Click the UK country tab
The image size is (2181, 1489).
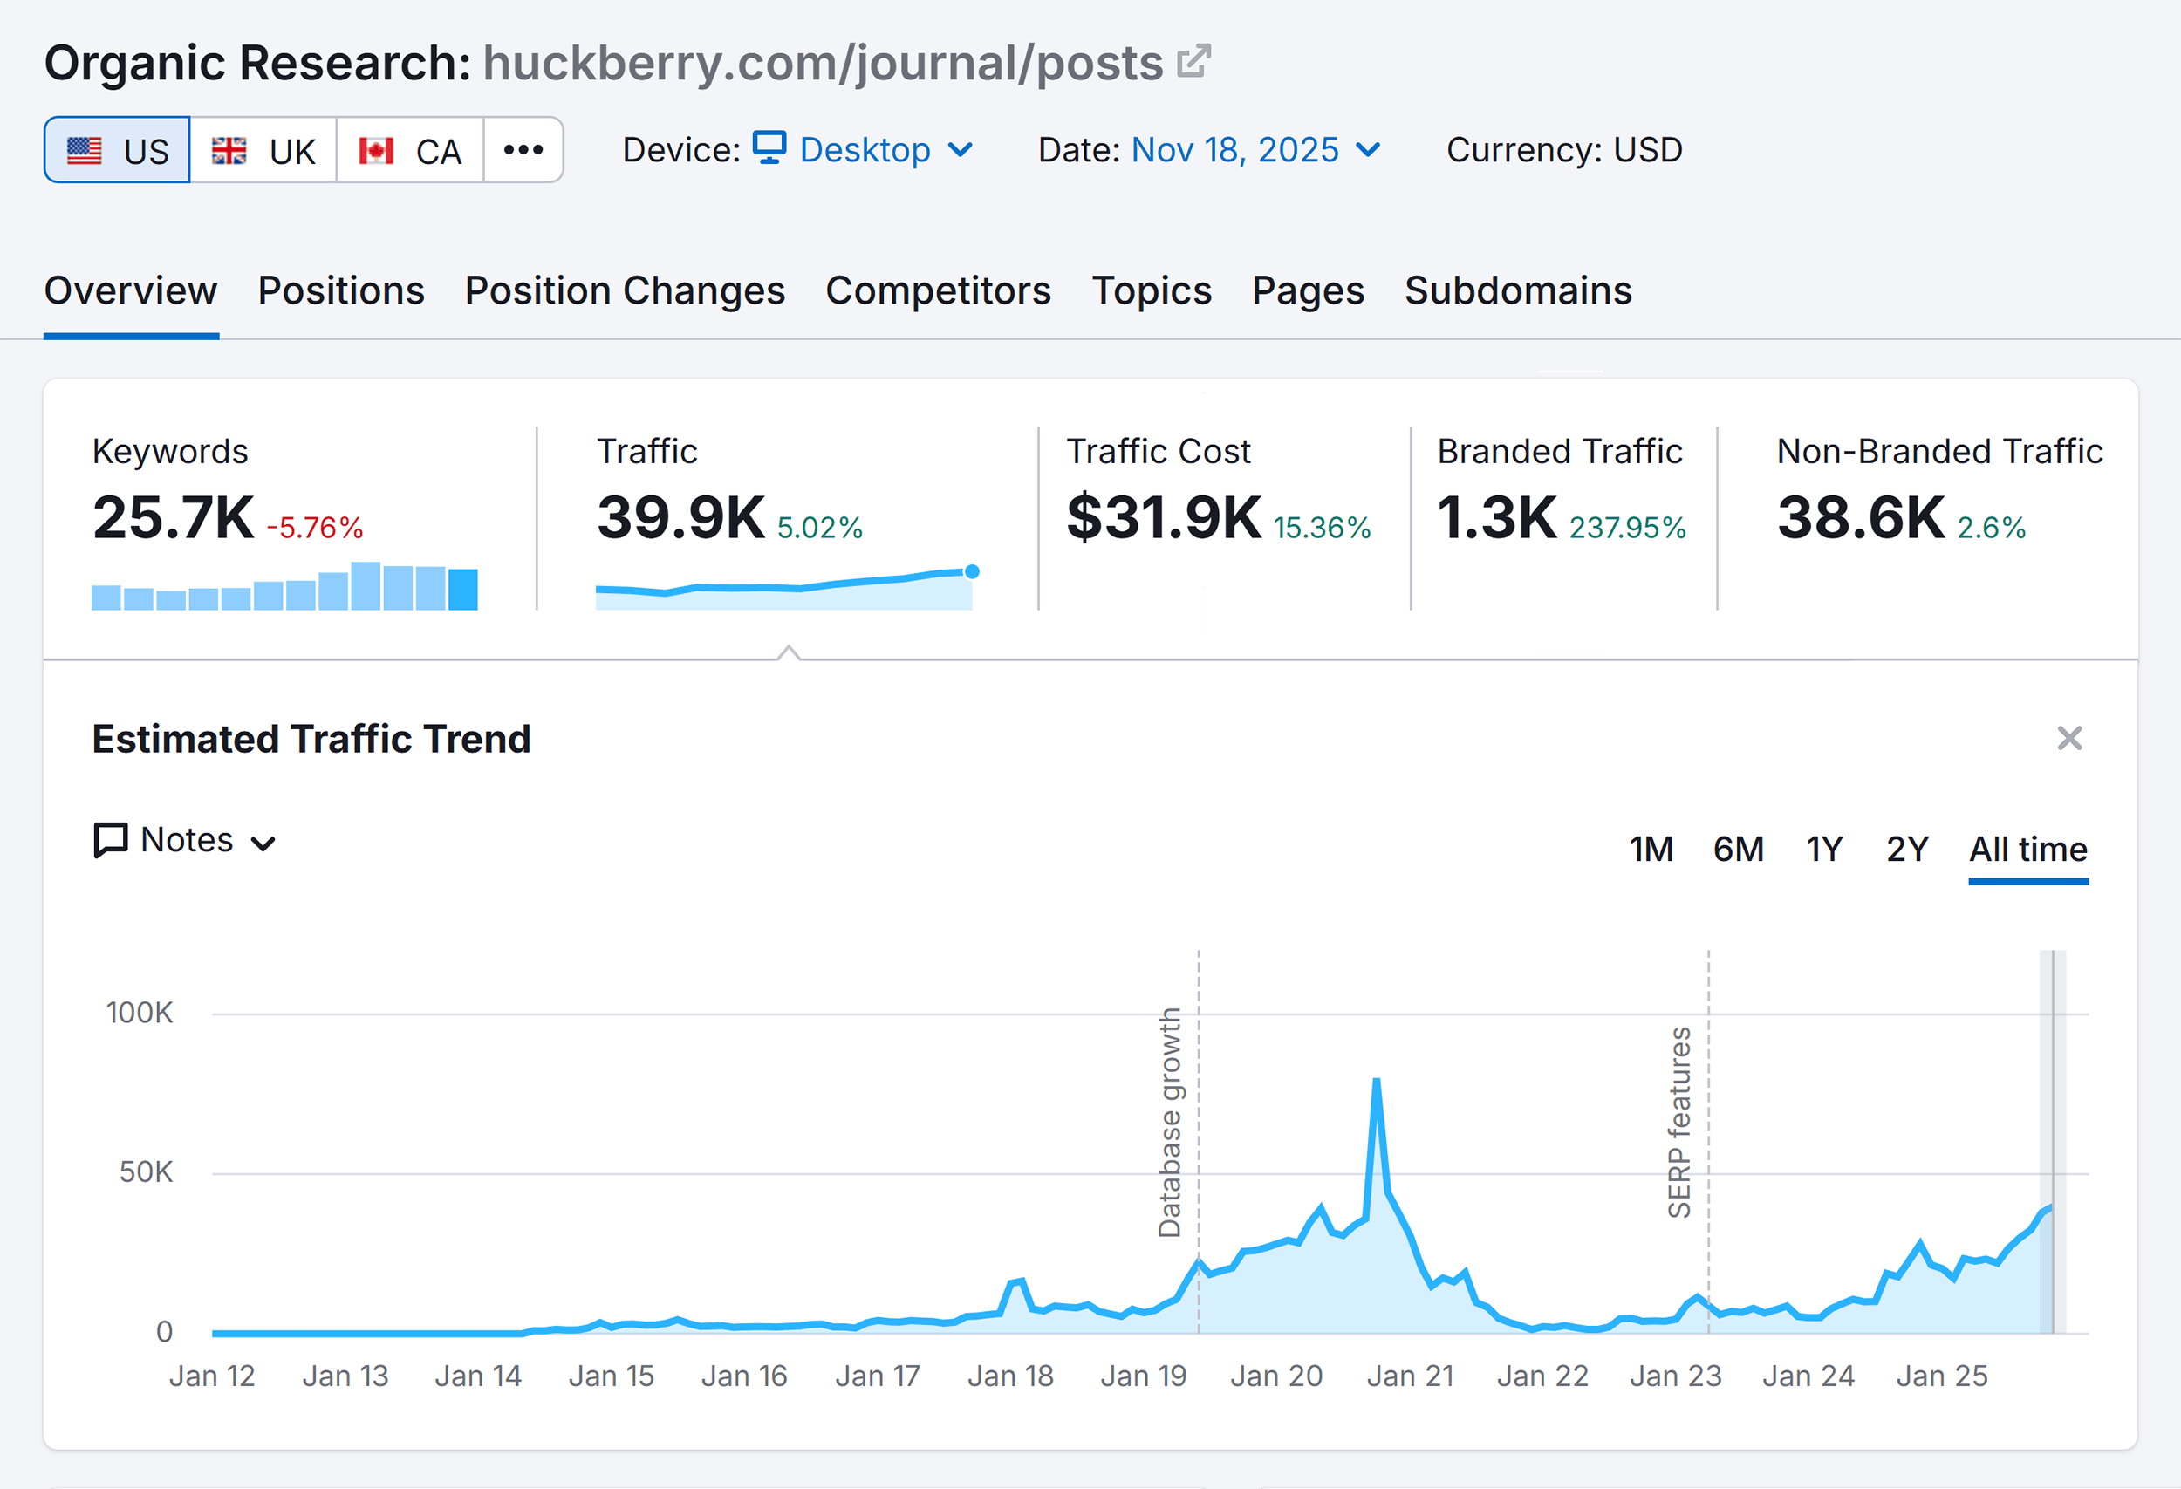263,150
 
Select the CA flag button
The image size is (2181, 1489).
410,150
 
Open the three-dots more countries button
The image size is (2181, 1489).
523,150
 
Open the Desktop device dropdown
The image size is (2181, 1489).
864,150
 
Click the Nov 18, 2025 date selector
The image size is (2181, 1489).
1254,150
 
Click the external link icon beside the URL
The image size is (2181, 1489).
1193,62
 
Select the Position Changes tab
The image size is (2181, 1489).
624,290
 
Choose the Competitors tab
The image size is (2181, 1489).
938,290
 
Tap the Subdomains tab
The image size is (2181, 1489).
1517,290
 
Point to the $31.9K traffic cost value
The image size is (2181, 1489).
1164,517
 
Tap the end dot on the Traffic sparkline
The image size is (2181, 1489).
972,571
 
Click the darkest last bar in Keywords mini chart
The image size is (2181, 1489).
462,589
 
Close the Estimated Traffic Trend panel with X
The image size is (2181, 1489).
2069,739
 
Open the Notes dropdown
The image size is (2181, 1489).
186,841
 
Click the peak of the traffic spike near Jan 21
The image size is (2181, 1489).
1377,1081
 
